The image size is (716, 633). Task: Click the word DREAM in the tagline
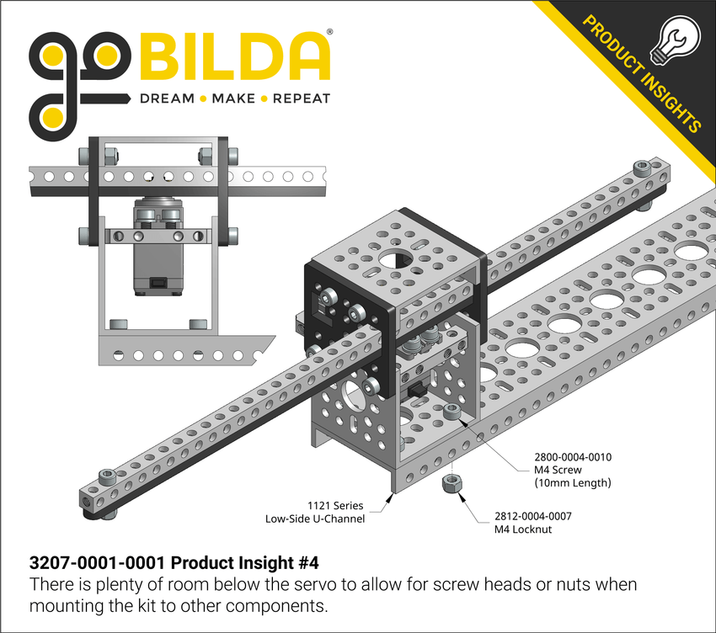pyautogui.click(x=167, y=98)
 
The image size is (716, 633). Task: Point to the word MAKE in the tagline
pyautogui.click(x=233, y=98)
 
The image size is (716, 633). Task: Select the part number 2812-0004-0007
pyautogui.click(x=532, y=516)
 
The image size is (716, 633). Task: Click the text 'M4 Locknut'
pyautogui.click(x=522, y=529)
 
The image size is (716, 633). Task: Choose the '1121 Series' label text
pyautogui.click(x=336, y=506)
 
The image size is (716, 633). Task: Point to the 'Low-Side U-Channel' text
pyautogui.click(x=314, y=519)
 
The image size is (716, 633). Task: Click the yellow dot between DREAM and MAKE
pyautogui.click(x=203, y=99)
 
